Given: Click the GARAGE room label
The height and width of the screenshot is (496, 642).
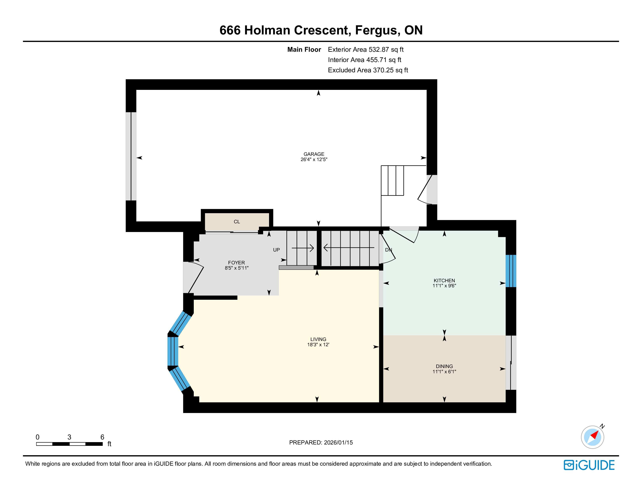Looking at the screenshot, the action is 314,154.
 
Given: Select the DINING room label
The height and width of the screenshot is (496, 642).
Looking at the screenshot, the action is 444,366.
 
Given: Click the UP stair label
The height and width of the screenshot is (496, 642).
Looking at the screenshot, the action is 276,250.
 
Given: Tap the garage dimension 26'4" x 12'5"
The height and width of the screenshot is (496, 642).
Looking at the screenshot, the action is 314,159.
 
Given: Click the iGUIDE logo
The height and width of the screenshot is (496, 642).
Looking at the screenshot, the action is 589,465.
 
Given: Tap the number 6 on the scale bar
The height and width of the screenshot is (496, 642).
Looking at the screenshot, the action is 102,437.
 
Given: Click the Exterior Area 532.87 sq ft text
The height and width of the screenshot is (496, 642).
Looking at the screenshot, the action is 366,50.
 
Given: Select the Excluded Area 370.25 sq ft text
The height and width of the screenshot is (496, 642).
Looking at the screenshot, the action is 368,70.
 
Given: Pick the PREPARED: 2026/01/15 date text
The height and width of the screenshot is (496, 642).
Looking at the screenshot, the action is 321,443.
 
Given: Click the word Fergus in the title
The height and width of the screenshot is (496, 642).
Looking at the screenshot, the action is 376,31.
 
